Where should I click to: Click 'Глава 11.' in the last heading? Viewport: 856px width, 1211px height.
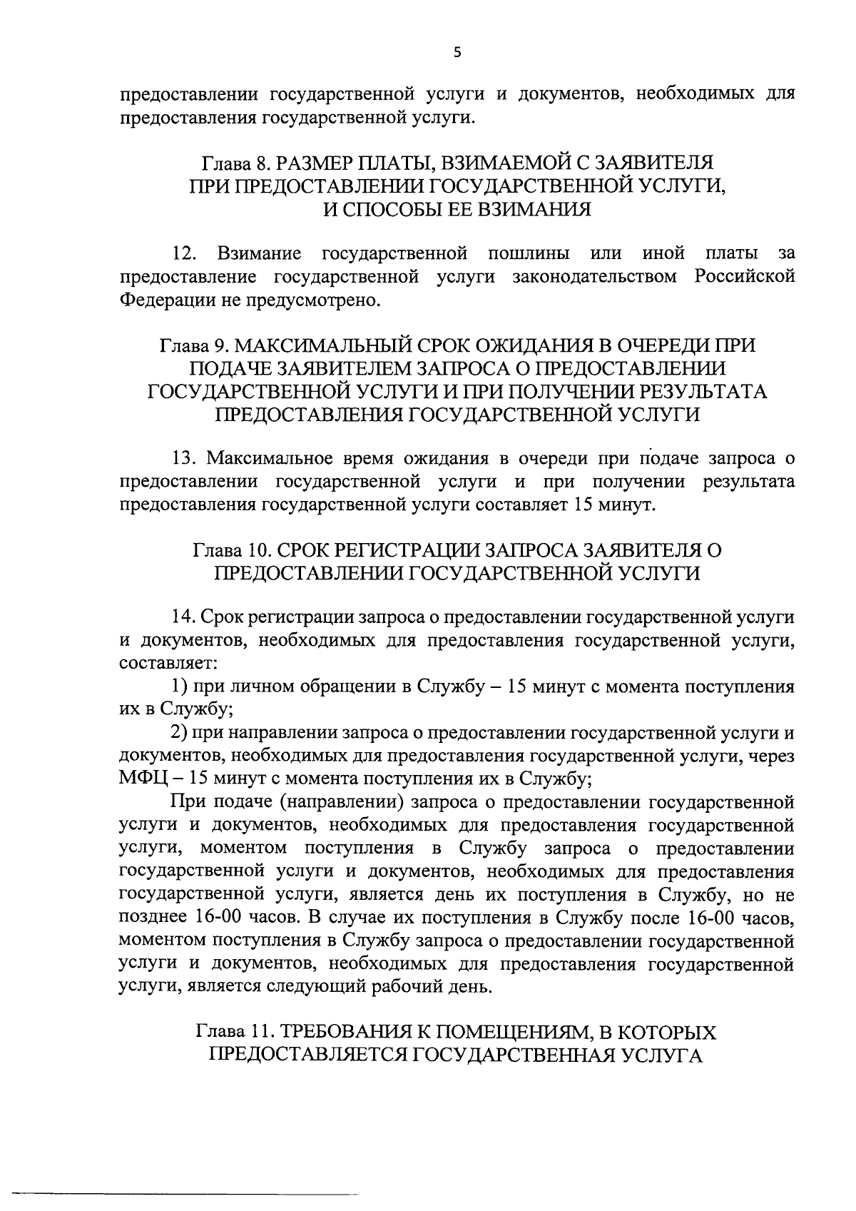pos(233,1033)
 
